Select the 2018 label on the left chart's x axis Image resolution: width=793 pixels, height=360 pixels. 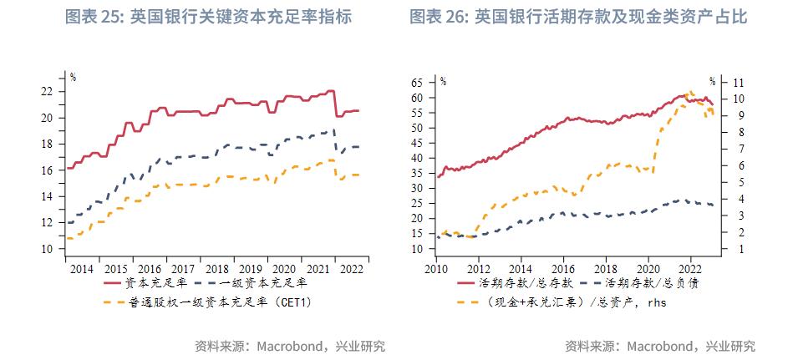(216, 269)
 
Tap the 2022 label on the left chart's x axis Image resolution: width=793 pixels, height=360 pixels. (352, 269)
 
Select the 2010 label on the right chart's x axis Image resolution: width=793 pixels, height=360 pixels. (436, 269)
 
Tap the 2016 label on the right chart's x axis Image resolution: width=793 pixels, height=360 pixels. (564, 269)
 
